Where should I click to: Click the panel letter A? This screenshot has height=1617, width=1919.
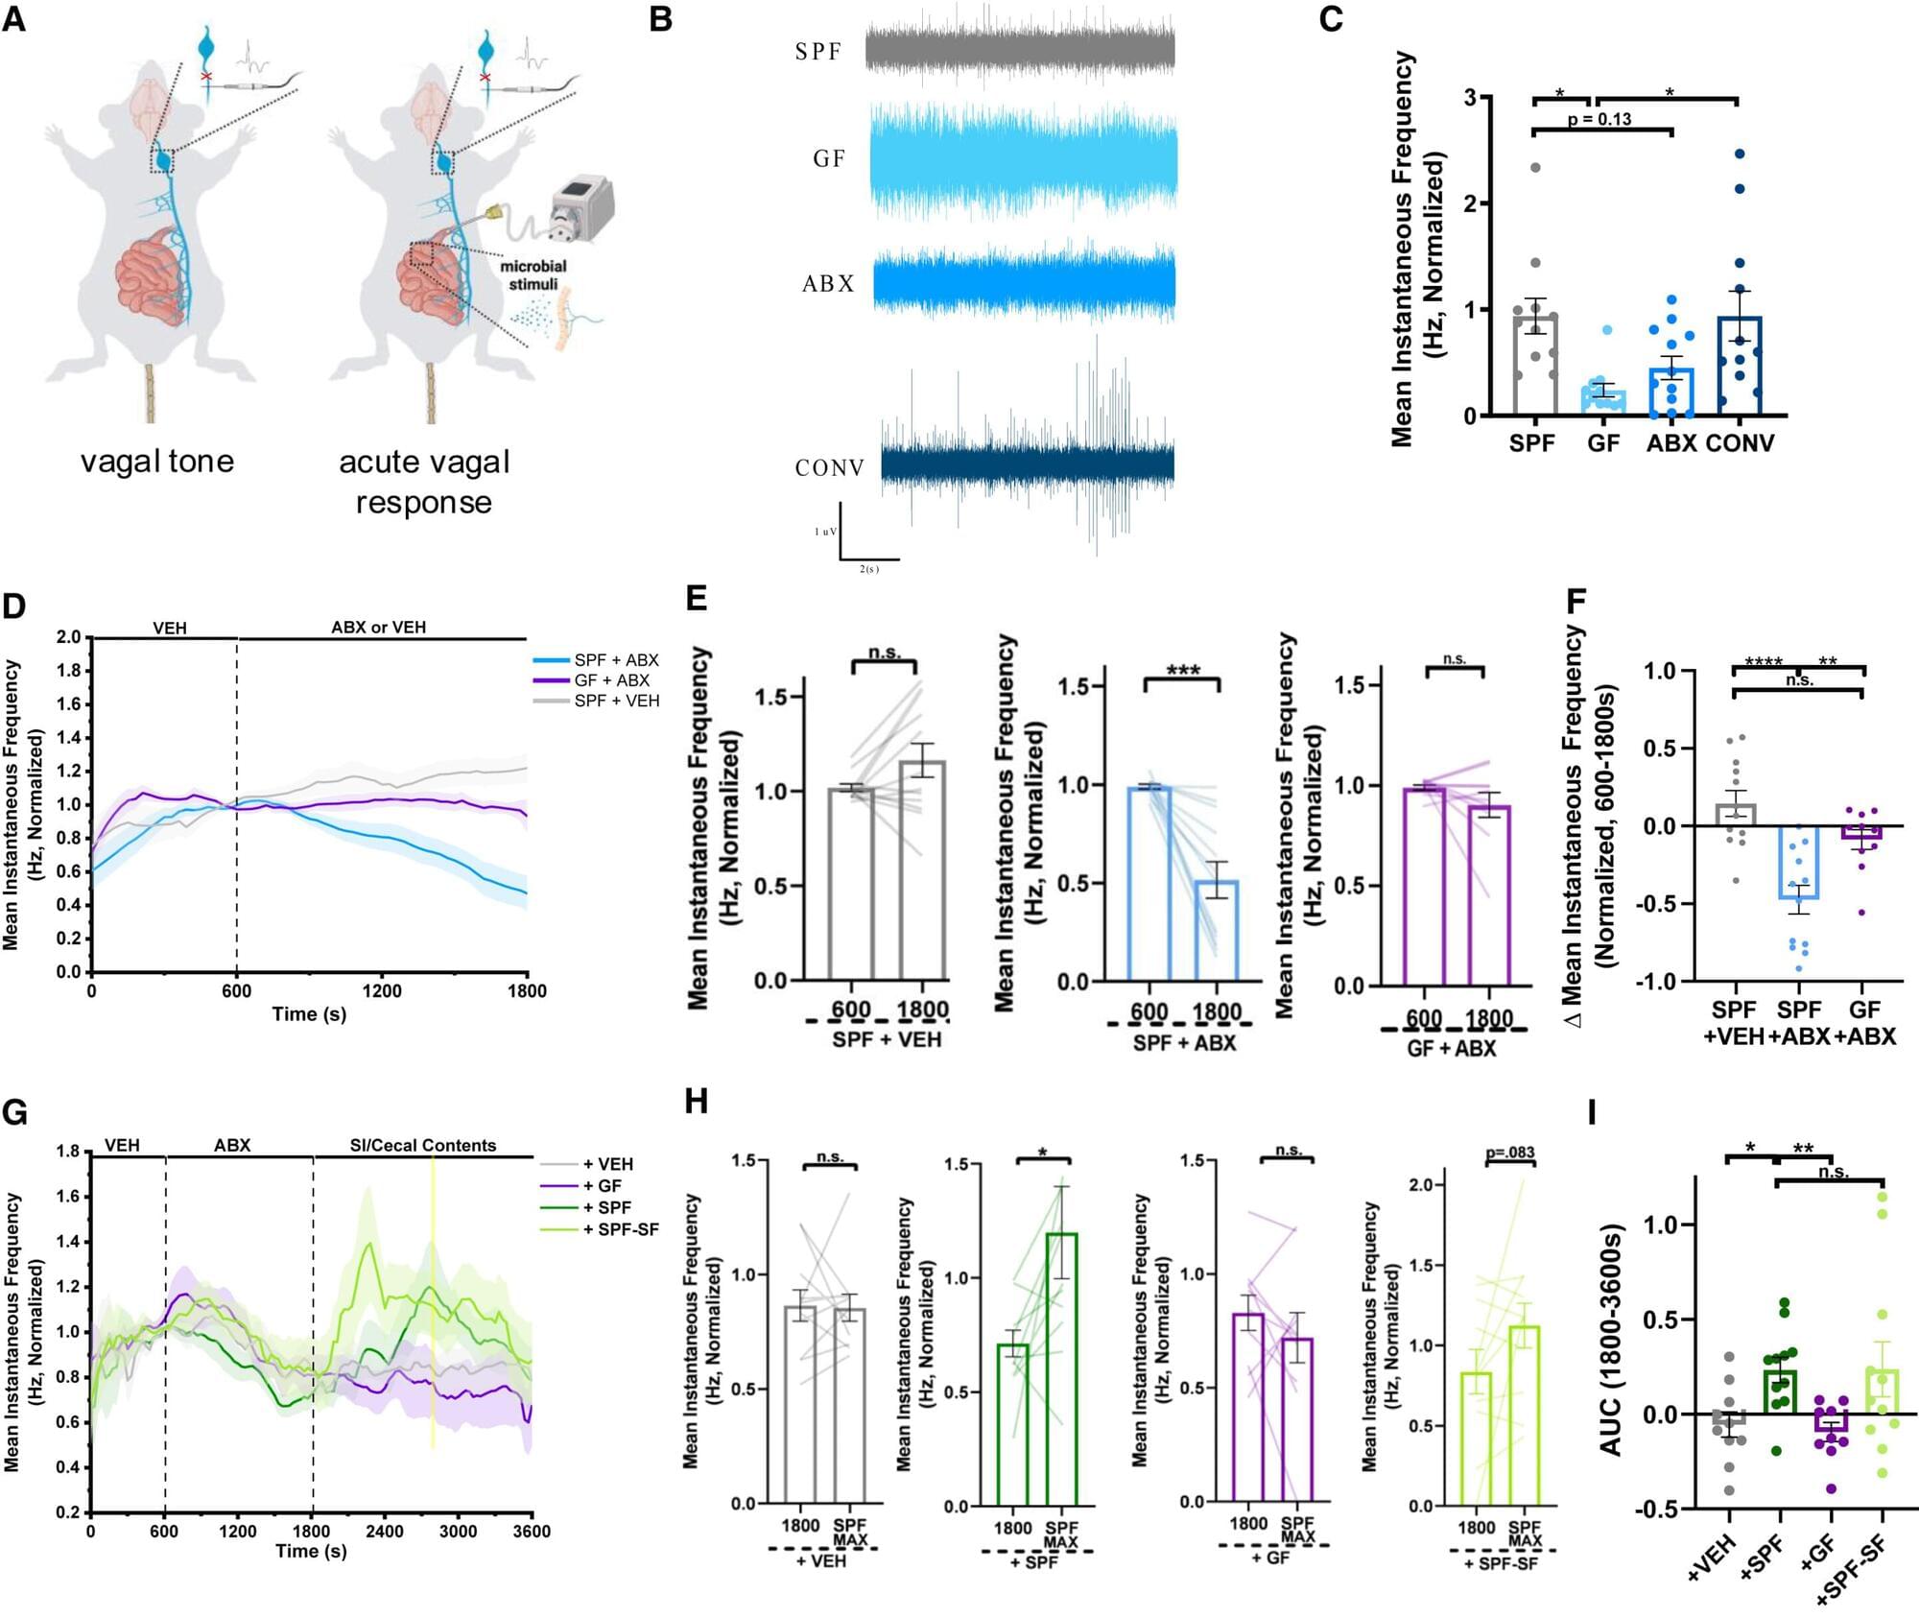[x=14, y=19]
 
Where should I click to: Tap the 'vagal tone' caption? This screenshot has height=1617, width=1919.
[x=157, y=462]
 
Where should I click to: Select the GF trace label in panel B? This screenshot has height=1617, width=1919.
[x=829, y=158]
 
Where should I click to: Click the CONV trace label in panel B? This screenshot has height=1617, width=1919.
[x=830, y=468]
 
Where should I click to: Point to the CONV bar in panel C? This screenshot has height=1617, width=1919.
[x=1740, y=366]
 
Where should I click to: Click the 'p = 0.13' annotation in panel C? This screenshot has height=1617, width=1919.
[x=1599, y=119]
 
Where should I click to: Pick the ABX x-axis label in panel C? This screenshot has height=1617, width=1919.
[x=1672, y=443]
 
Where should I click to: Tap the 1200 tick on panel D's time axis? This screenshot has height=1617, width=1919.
[x=382, y=990]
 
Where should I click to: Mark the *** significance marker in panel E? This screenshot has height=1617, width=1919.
[x=1182, y=671]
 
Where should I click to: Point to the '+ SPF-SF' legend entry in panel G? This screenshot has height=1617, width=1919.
[x=621, y=1229]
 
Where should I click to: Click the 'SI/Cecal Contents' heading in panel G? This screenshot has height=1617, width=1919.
[x=422, y=1146]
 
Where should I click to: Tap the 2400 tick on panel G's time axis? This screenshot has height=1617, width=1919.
[x=384, y=1531]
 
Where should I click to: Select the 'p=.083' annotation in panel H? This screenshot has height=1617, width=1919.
[x=1509, y=1153]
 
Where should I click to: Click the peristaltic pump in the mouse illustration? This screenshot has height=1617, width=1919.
[x=581, y=209]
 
